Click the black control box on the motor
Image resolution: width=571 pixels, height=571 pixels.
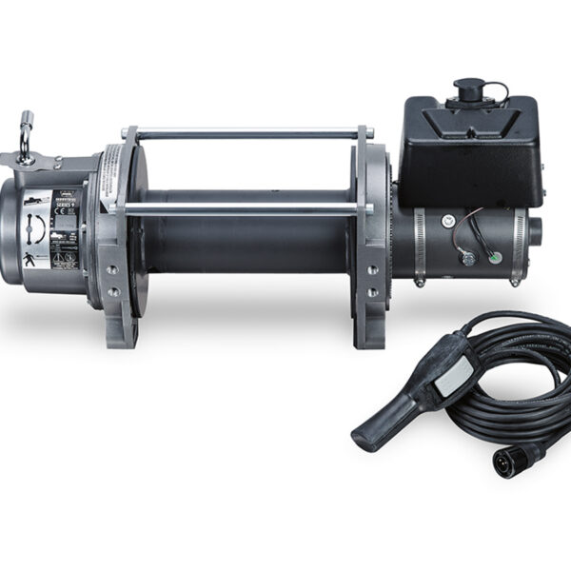pyautogui.click(x=466, y=152)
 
